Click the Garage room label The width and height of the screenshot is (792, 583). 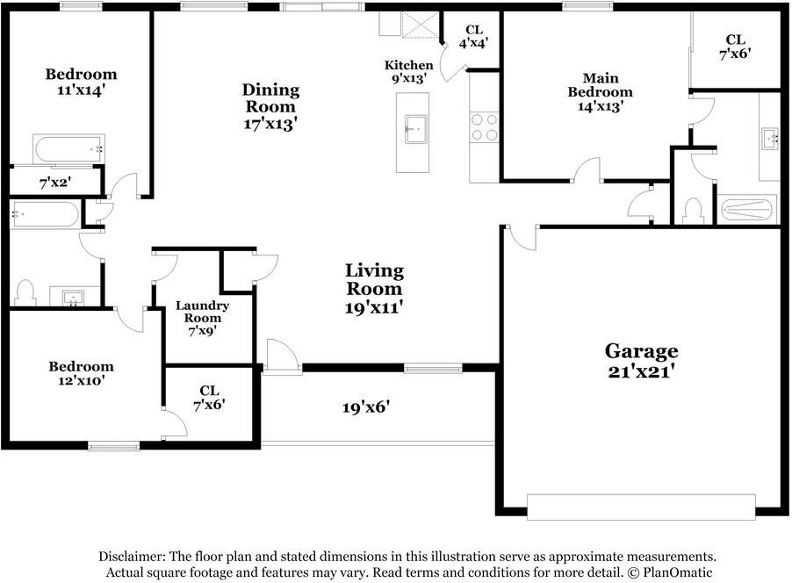point(640,360)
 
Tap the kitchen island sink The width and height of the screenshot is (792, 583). point(414,129)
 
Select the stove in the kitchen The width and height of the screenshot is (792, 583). point(485,126)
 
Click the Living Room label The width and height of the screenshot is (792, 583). point(374,289)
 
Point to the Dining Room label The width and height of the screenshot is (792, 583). point(270,106)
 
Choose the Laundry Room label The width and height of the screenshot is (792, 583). point(202,317)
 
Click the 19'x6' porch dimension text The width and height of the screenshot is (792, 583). point(365,407)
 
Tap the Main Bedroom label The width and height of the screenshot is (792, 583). point(600,91)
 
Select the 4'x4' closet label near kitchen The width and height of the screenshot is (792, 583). point(473,35)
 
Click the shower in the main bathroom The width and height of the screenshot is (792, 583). point(748,210)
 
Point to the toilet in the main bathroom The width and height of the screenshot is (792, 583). point(693,211)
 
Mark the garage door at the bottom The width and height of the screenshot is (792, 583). point(640,507)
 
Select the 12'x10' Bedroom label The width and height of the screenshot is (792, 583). point(81,374)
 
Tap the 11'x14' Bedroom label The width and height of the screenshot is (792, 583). point(81,82)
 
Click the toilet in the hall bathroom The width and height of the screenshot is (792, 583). point(25,291)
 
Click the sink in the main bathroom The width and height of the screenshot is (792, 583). point(770,137)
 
